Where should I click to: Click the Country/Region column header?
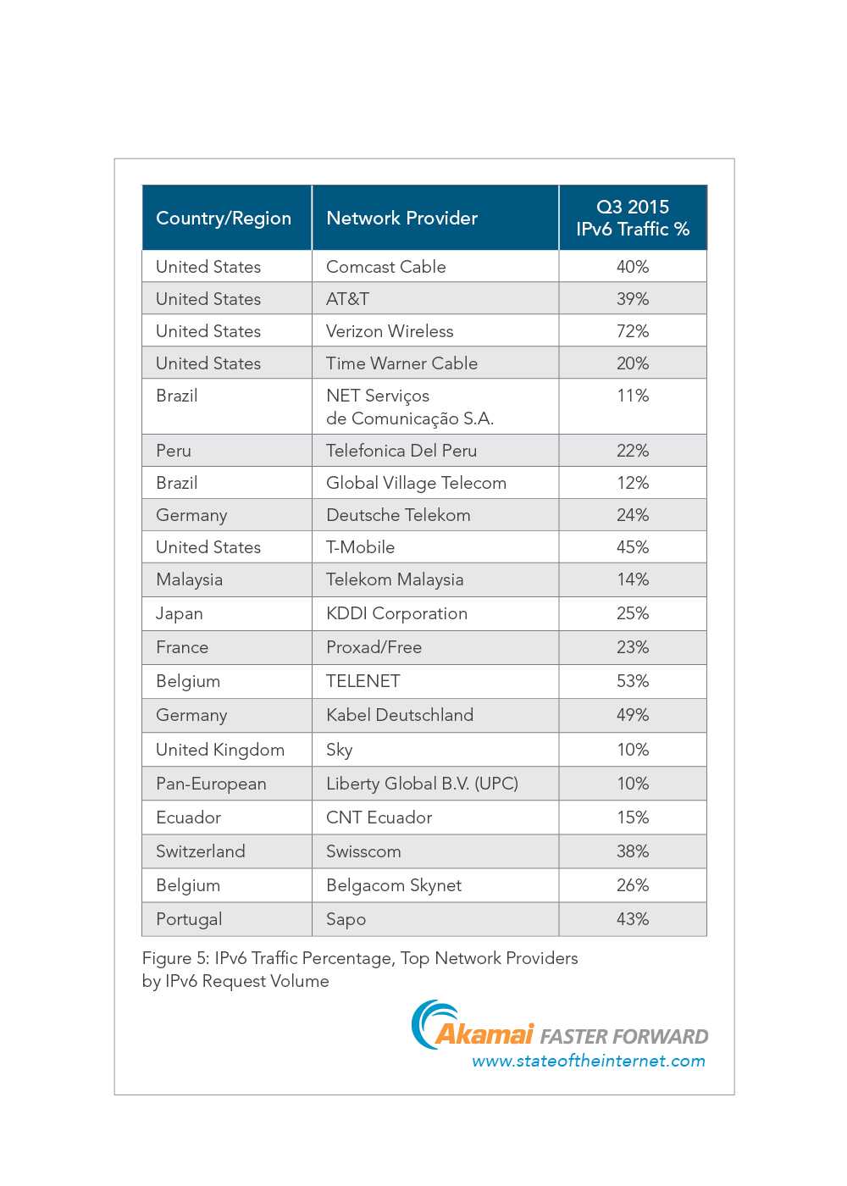click(x=224, y=219)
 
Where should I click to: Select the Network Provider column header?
click(x=401, y=219)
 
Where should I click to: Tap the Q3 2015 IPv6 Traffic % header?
click(x=633, y=218)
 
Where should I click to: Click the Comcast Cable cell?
click(x=385, y=267)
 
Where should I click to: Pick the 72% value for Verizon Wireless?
click(x=633, y=331)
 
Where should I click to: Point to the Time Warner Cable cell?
click(x=401, y=363)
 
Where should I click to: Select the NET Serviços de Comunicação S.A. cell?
click(x=409, y=407)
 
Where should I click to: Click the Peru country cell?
click(x=174, y=451)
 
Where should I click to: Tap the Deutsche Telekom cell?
click(x=398, y=515)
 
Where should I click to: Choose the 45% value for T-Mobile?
click(x=633, y=547)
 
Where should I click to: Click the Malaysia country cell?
click(x=189, y=580)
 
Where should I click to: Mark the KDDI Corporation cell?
click(x=396, y=613)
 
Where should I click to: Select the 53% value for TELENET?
click(x=633, y=681)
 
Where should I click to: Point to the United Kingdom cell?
click(x=220, y=750)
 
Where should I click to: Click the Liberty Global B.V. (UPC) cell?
click(x=422, y=784)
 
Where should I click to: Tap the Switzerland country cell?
click(x=201, y=851)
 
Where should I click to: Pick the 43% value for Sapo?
click(x=633, y=919)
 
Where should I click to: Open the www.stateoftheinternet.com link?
click(x=589, y=1061)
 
